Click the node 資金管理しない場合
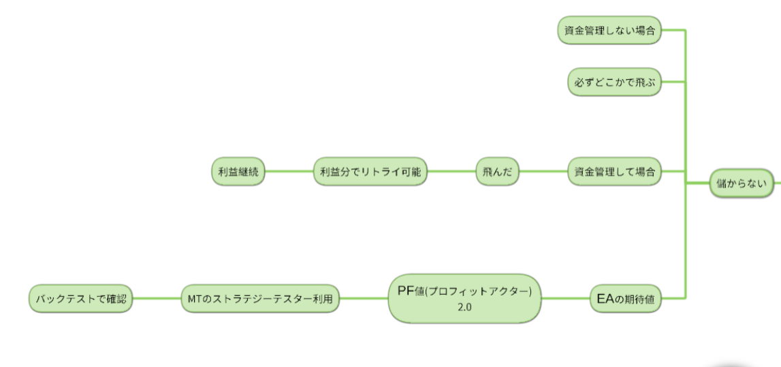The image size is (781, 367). click(609, 31)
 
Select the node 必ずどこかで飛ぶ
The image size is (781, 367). click(613, 83)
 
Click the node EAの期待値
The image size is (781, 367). click(626, 299)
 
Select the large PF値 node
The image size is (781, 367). click(464, 298)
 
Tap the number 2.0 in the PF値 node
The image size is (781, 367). click(464, 308)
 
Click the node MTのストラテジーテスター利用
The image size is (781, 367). click(261, 299)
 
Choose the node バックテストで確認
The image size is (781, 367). click(81, 299)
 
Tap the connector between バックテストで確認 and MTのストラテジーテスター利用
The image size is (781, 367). click(157, 299)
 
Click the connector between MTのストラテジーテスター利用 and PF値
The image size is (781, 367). click(364, 299)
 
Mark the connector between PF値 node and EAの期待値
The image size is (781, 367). click(565, 299)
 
